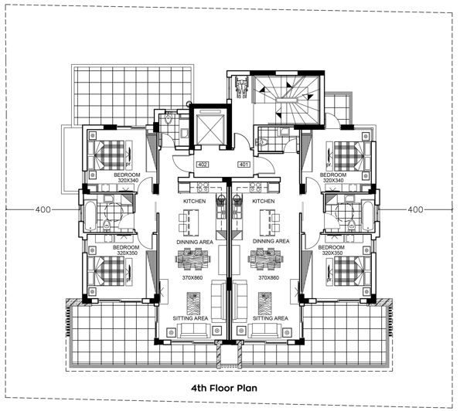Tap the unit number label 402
204,165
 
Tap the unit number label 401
244,165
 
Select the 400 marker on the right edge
416,209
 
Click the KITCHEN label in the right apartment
264,201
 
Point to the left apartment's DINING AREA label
195,241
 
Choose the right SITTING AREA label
271,318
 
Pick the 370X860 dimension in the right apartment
267,277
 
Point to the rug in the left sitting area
194,300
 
